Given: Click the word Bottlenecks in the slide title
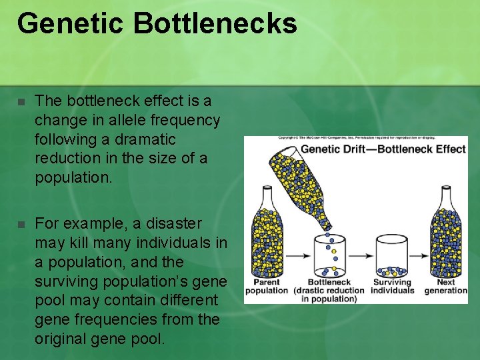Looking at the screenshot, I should point(215,23).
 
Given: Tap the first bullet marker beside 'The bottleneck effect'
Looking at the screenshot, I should point(21,103).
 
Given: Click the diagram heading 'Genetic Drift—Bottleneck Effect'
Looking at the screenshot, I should point(383,148).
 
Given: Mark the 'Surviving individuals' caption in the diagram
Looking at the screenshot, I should point(392,286).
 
